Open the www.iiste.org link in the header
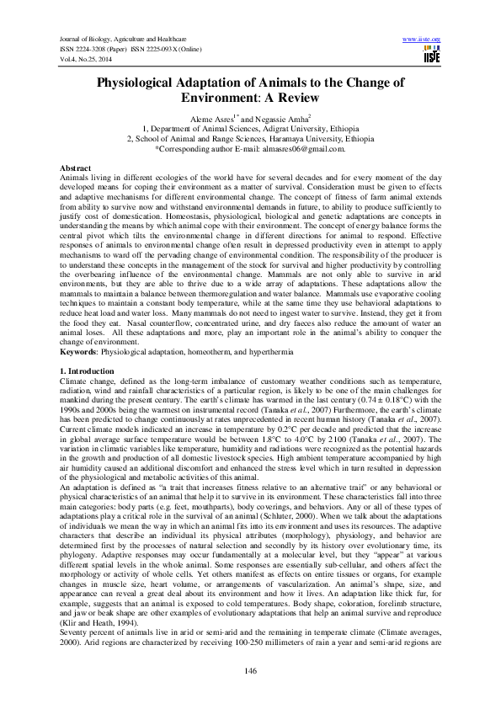[x=422, y=40]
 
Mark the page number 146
[x=250, y=669]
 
